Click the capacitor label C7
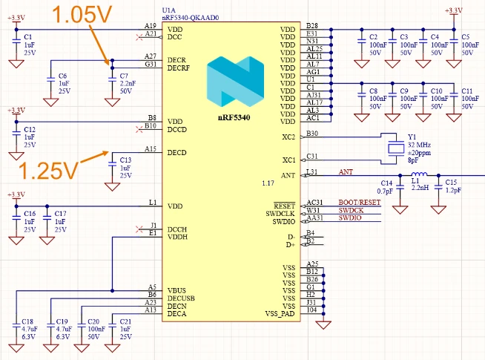click(125, 76)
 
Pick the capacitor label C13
click(125, 160)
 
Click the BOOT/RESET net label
click(359, 202)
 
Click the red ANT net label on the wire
click(346, 171)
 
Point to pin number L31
click(312, 172)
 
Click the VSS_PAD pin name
click(280, 314)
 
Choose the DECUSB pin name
click(182, 297)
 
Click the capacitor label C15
click(452, 183)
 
